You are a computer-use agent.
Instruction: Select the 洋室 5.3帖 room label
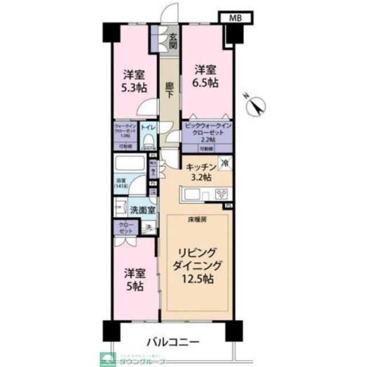coord(134,81)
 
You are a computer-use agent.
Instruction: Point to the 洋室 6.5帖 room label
coord(205,76)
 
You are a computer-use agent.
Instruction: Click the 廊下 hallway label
coord(169,90)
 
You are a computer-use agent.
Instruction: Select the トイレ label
coord(147,127)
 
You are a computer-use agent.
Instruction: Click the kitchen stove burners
coord(221,196)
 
